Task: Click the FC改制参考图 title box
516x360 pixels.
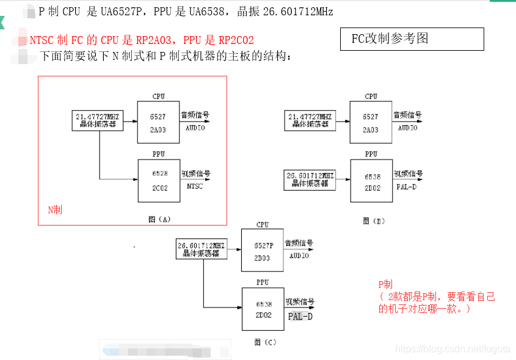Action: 412,39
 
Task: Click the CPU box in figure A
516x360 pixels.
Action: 158,122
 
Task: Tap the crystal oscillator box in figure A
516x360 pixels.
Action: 98,120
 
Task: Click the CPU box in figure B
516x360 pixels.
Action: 370,122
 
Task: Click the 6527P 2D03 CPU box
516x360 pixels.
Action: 263,250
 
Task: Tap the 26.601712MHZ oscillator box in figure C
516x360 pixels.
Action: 202,249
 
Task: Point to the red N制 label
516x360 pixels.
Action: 55,210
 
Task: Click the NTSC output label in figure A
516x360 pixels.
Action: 195,186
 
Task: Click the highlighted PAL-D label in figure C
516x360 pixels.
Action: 300,316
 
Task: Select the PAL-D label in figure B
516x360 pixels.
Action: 406,186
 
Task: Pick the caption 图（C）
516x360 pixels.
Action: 266,342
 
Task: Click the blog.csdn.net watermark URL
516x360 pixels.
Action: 452,348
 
